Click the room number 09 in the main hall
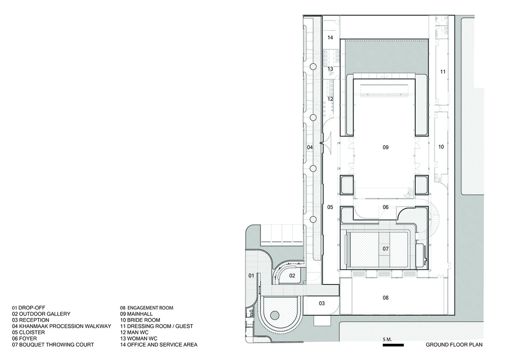pos(386,148)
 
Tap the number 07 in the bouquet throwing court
pos(386,249)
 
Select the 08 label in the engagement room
pos(386,298)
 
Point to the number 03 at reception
pos(322,303)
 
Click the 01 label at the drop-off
pos(251,276)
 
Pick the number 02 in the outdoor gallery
pos(292,276)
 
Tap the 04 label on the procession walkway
pos(310,147)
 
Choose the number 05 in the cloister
pos(330,207)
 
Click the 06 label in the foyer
pos(386,207)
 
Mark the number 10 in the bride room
pos(441,147)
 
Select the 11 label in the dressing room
pos(443,72)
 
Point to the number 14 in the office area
pos(330,37)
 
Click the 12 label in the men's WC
pos(330,99)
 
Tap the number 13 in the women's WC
pos(330,69)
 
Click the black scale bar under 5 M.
pos(393,345)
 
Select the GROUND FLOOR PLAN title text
pos(454,345)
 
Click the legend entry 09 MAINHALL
pos(136,314)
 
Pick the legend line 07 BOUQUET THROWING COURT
pos(53,345)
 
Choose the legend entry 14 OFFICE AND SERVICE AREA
pos(159,345)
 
